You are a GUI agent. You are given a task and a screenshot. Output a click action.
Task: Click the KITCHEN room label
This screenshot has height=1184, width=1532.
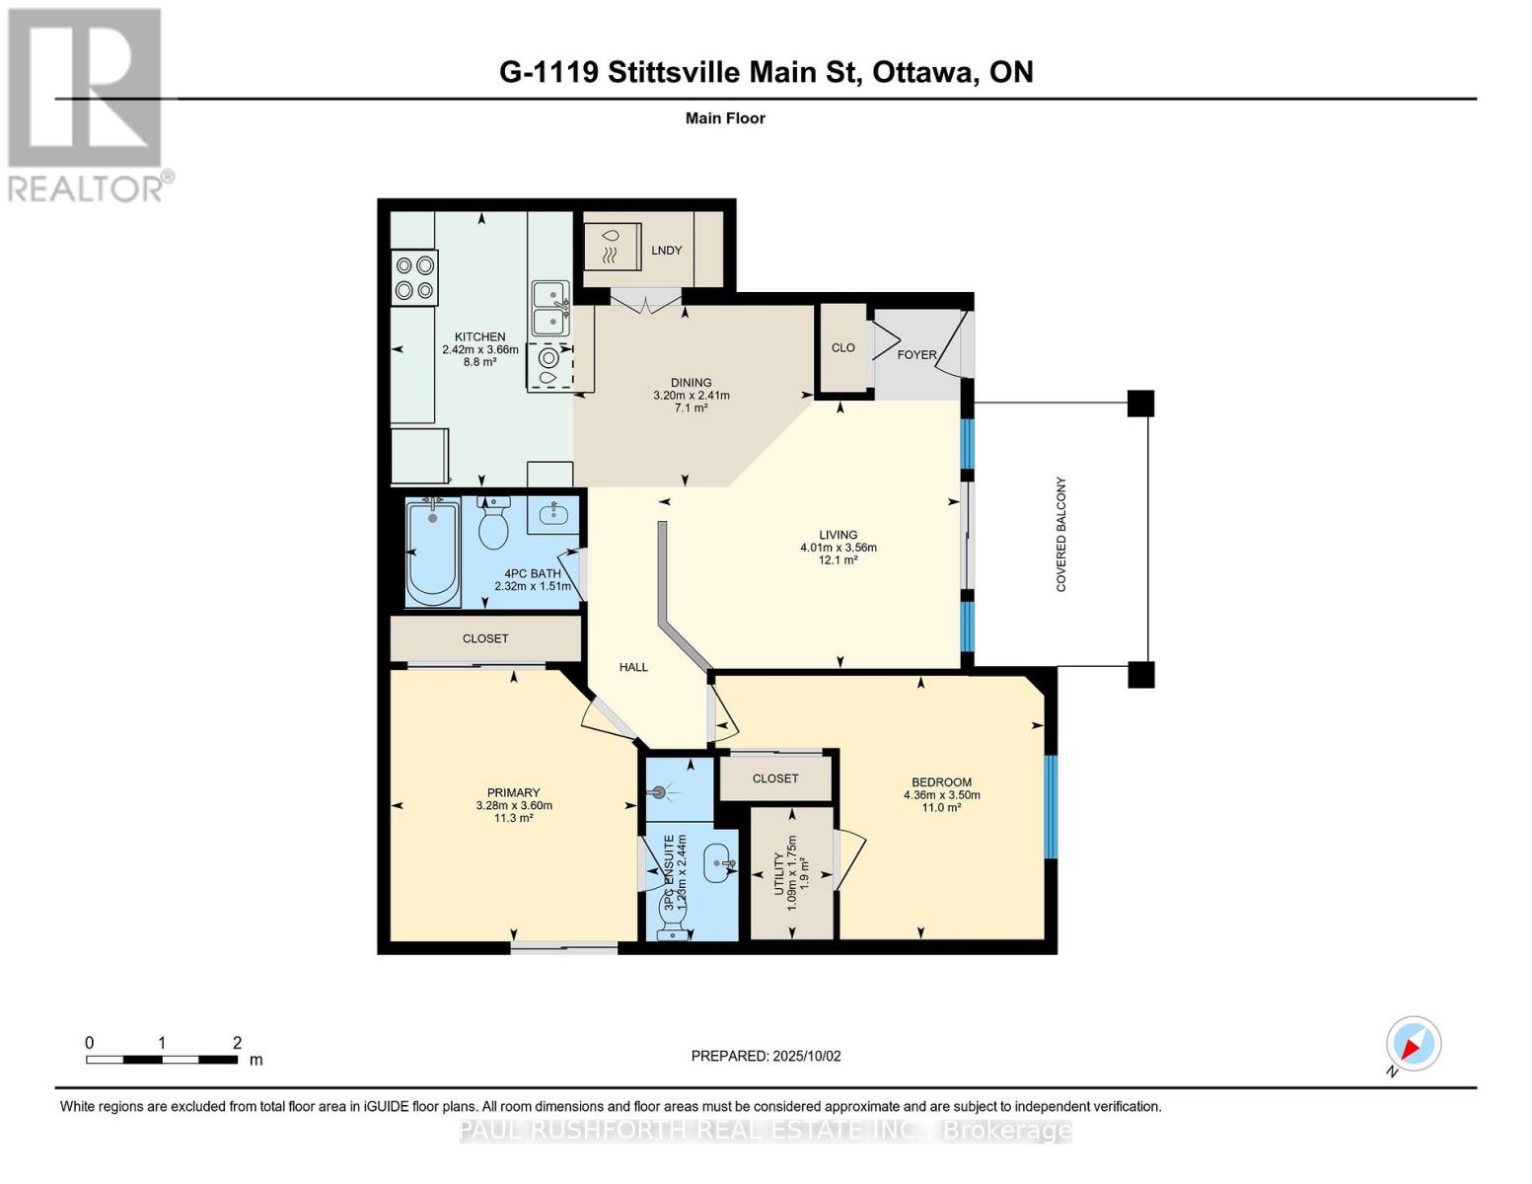(x=479, y=336)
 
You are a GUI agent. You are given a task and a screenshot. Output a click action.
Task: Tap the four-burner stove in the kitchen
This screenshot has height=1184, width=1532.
(x=415, y=277)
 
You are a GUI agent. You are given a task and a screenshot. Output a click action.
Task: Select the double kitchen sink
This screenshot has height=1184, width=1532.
(x=550, y=308)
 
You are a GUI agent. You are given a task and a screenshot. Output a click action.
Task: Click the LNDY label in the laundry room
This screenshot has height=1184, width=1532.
(x=667, y=250)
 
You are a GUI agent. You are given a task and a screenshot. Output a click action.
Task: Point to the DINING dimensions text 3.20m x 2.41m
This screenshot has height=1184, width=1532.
(x=692, y=395)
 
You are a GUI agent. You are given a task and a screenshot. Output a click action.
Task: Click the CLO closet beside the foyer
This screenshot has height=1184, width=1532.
(x=843, y=347)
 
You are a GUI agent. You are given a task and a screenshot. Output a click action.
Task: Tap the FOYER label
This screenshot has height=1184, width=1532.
(x=916, y=354)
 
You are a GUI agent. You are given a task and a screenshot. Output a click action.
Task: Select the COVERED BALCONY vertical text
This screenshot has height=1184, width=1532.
(x=1061, y=535)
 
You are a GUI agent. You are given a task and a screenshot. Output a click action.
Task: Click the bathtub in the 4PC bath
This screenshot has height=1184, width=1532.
(x=433, y=552)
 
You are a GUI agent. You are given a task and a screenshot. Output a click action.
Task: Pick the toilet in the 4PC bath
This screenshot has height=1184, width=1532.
(x=492, y=524)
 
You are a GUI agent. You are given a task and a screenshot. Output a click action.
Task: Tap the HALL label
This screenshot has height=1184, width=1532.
(x=633, y=667)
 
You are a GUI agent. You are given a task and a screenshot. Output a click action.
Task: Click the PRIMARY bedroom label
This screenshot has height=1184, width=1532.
(x=513, y=792)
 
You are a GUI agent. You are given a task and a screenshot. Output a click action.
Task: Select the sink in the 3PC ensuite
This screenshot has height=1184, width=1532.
(x=719, y=864)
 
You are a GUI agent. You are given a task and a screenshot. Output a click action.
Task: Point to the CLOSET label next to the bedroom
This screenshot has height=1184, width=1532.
(x=775, y=778)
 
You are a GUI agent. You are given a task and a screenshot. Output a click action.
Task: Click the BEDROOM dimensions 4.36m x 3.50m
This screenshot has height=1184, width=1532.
(x=941, y=795)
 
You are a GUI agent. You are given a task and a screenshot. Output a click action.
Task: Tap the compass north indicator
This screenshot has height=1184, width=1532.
(x=1413, y=1045)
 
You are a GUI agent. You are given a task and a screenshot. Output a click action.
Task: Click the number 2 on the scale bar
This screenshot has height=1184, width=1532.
(x=237, y=1043)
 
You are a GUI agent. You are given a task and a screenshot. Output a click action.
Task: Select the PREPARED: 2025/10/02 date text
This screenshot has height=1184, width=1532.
(x=766, y=1056)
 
